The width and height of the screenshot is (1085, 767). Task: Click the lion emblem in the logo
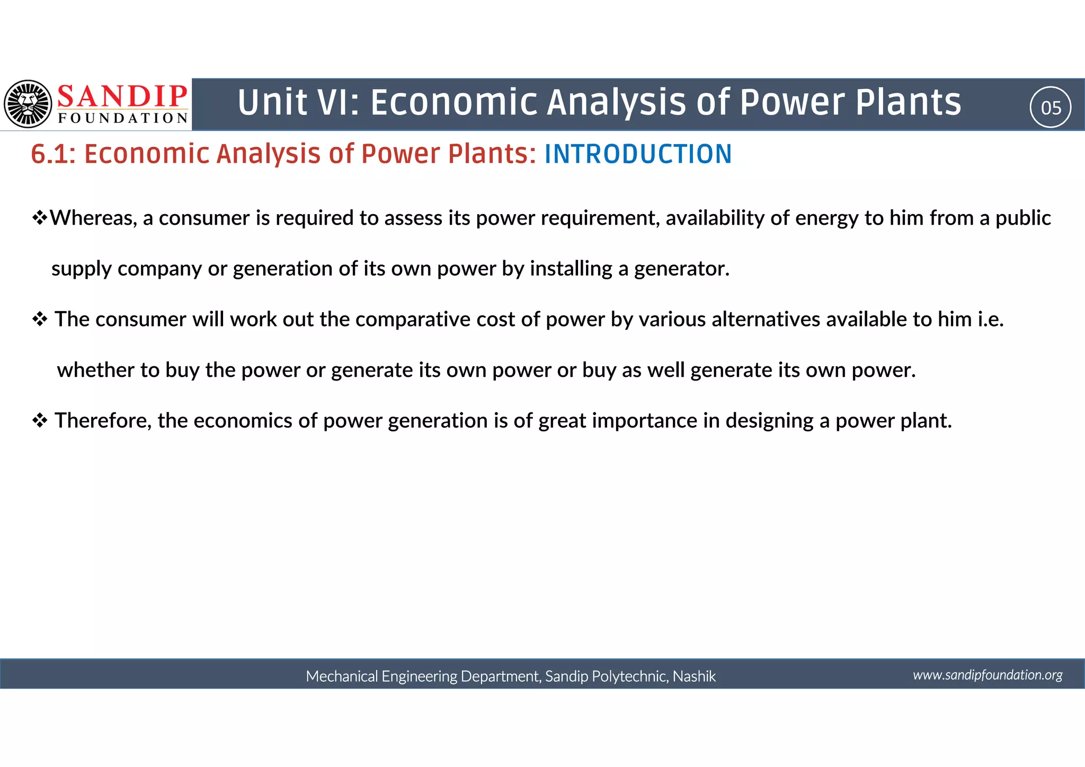(28, 104)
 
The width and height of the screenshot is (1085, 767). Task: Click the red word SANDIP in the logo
(122, 96)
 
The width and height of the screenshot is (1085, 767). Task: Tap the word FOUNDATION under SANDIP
(123, 118)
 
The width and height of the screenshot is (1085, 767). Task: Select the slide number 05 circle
(1051, 108)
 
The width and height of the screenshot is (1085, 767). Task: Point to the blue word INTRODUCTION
(638, 154)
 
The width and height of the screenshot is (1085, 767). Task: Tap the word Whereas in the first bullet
(93, 218)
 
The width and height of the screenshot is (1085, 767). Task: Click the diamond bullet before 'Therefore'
(40, 421)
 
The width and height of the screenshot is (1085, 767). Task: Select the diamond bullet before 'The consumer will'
(40, 320)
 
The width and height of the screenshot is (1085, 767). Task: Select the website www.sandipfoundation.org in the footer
(988, 675)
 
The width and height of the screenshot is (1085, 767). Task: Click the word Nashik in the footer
(694, 676)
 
